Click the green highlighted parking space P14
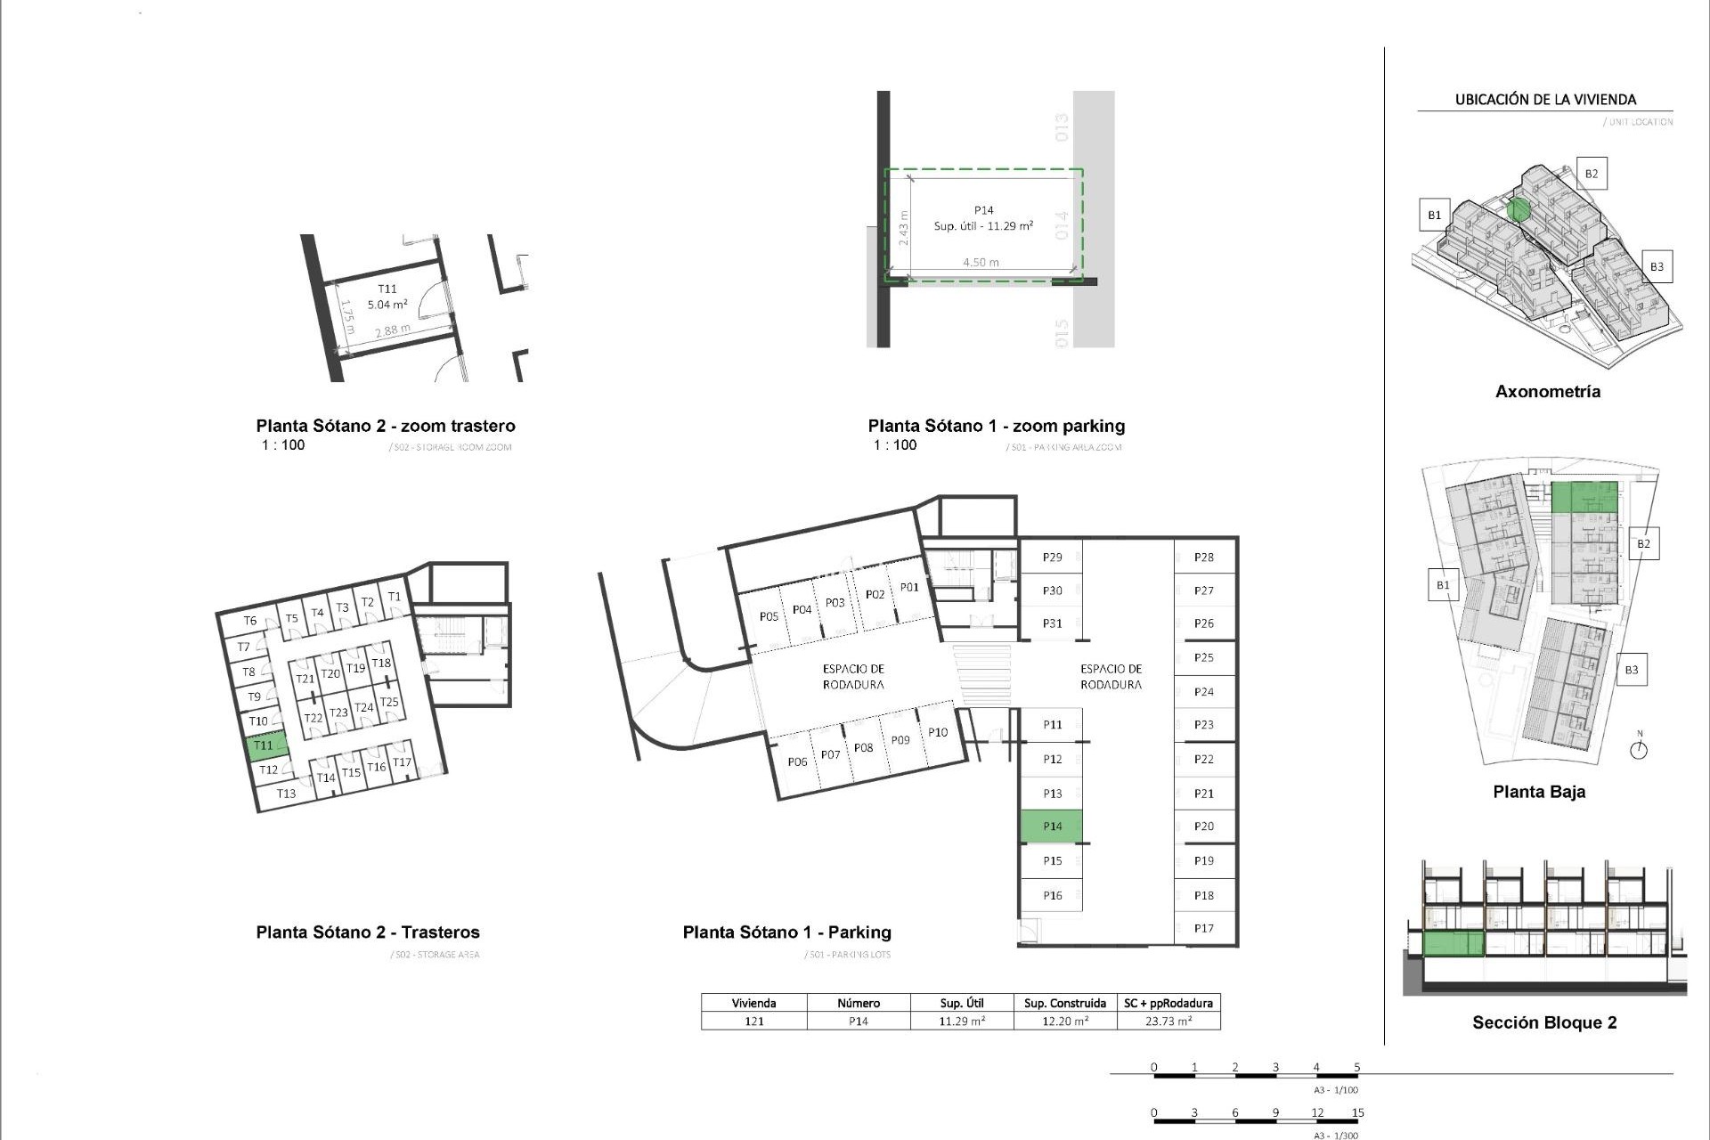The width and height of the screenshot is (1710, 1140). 1051,826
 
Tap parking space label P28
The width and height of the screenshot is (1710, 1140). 1204,558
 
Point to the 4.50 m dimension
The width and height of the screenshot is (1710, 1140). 981,263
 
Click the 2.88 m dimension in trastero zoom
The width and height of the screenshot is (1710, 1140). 393,330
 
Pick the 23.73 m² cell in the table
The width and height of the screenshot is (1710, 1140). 1168,1022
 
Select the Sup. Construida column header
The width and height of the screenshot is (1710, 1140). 1065,1003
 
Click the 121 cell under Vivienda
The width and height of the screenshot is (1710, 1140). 754,1022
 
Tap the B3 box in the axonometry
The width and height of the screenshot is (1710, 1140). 1657,266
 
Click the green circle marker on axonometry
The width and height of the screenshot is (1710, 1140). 1519,210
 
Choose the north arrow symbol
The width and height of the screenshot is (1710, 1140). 1639,749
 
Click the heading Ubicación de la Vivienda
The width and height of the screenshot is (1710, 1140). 1545,100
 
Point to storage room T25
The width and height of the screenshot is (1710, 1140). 389,702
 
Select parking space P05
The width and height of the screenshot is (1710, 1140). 769,616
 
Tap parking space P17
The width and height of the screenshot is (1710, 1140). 1204,928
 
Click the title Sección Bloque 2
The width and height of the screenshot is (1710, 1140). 1544,1022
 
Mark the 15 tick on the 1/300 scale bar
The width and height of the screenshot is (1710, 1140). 1357,1112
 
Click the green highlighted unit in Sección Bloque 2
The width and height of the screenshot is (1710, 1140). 1453,943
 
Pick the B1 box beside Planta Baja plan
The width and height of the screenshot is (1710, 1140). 1443,585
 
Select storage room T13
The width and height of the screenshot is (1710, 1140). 286,794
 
